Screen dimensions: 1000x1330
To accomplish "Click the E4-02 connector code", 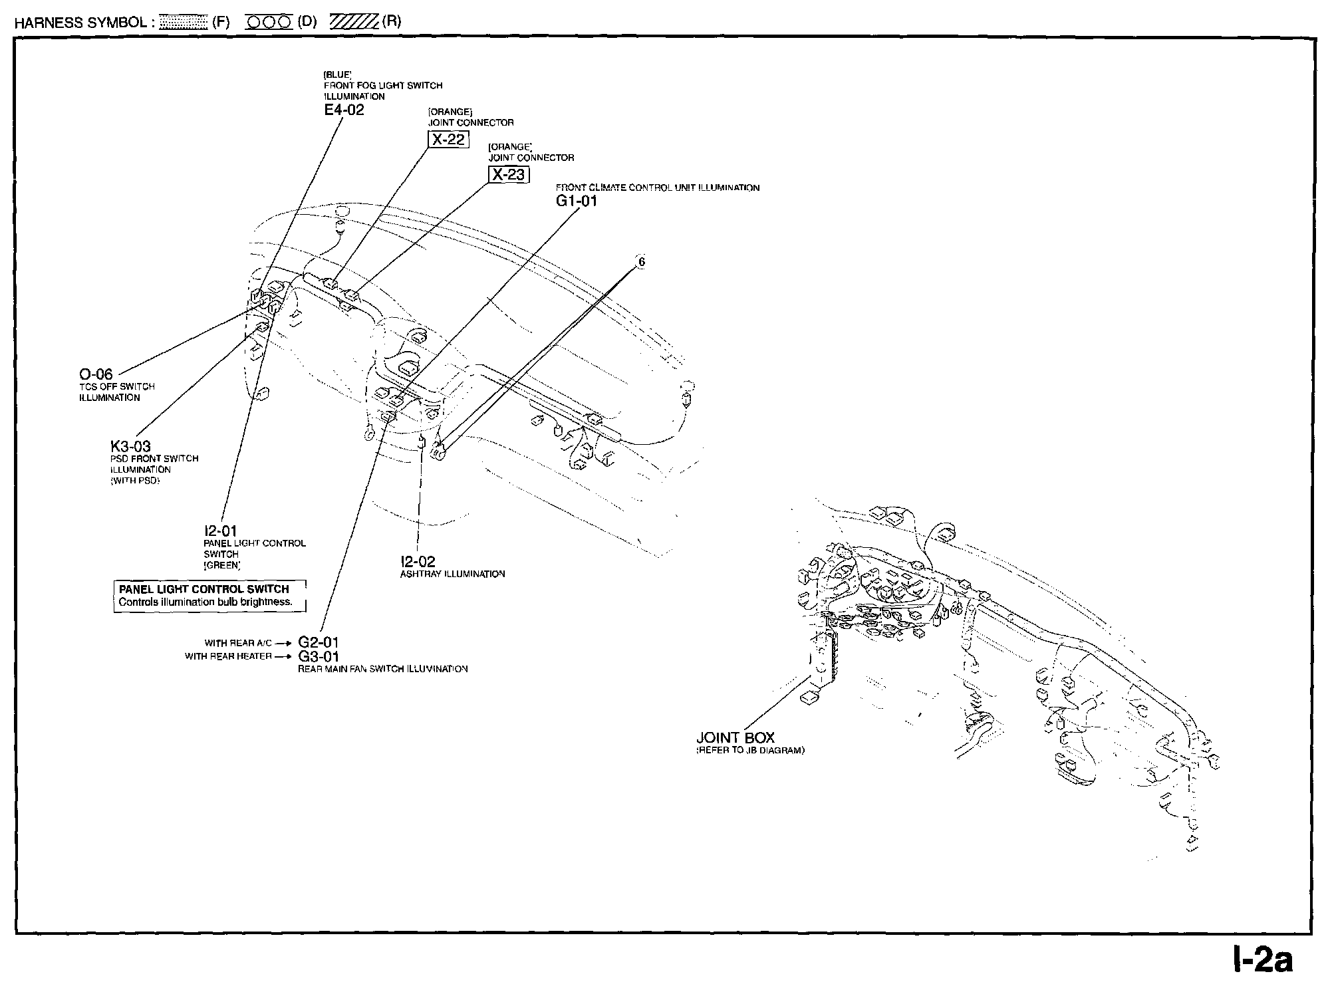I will click(344, 110).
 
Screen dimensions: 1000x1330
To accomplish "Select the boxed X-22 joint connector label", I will click(448, 140).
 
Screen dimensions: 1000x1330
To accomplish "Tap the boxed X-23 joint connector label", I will click(508, 175).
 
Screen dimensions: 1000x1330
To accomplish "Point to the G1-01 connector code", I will click(577, 201).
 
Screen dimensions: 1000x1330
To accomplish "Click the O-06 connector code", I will click(96, 375).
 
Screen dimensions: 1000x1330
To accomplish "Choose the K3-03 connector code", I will click(130, 446).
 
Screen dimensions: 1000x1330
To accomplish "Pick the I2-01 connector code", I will click(220, 531).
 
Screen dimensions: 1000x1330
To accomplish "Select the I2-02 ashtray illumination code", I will click(418, 562).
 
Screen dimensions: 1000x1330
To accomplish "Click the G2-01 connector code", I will click(319, 642).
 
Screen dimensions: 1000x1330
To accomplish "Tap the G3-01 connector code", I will click(319, 657).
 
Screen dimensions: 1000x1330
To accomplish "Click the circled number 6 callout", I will click(641, 262).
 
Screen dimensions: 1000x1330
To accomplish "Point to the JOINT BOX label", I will click(735, 737).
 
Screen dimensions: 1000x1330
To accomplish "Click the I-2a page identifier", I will click(1263, 960).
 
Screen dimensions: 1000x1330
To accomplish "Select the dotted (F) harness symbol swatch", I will click(184, 22).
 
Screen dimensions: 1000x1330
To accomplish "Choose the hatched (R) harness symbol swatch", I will click(354, 22).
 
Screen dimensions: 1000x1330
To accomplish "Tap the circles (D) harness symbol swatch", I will click(269, 22).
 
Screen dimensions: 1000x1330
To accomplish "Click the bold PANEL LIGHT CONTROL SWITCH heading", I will click(203, 589).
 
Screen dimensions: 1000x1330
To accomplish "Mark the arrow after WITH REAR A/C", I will click(283, 644).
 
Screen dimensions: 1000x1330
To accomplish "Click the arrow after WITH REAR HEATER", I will click(283, 657).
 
